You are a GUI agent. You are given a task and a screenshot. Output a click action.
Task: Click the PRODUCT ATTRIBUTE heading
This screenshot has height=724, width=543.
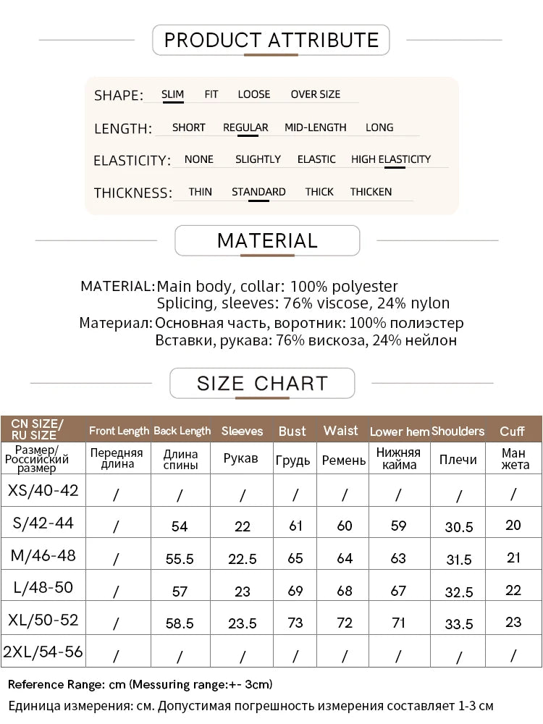pyautogui.click(x=271, y=40)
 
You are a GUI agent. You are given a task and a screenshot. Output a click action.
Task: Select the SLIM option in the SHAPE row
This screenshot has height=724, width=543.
pyautogui.click(x=172, y=94)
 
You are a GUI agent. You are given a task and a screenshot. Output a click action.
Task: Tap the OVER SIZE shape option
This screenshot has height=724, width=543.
pyautogui.click(x=315, y=94)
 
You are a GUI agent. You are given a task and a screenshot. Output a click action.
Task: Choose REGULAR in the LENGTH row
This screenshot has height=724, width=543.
pyautogui.click(x=245, y=127)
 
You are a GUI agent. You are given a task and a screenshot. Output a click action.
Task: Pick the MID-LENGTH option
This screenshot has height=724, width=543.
pyautogui.click(x=315, y=127)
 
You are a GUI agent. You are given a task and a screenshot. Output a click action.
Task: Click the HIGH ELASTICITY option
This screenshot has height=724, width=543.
pyautogui.click(x=390, y=159)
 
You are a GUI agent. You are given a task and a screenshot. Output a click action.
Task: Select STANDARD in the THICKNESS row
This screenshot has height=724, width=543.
pyautogui.click(x=258, y=192)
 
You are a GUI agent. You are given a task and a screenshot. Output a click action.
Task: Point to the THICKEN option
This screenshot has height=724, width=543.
pyautogui.click(x=371, y=192)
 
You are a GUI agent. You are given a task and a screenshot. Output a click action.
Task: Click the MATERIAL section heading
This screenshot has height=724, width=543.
pyautogui.click(x=267, y=240)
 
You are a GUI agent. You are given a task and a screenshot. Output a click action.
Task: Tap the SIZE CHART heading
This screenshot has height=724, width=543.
pyautogui.click(x=262, y=383)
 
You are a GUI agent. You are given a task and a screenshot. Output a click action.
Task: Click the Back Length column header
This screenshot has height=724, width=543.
pyautogui.click(x=182, y=431)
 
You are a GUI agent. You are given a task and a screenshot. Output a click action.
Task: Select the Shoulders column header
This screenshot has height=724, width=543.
pyautogui.click(x=458, y=431)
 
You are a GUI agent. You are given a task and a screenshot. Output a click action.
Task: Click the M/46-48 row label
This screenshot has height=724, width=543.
pyautogui.click(x=43, y=556)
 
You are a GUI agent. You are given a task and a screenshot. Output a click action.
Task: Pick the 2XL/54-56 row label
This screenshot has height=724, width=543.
pyautogui.click(x=43, y=652)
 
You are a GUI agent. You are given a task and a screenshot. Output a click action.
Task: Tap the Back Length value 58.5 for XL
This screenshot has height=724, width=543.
pyautogui.click(x=180, y=623)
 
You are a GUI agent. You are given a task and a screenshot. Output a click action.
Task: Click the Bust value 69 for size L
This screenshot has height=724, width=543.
pyautogui.click(x=295, y=590)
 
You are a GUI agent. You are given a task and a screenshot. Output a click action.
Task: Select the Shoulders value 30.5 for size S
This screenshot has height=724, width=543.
pyautogui.click(x=458, y=527)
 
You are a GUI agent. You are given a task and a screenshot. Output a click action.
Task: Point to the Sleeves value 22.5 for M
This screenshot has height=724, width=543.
pyautogui.click(x=242, y=559)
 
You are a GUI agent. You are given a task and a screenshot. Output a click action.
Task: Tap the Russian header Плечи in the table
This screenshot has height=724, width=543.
pyautogui.click(x=458, y=460)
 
